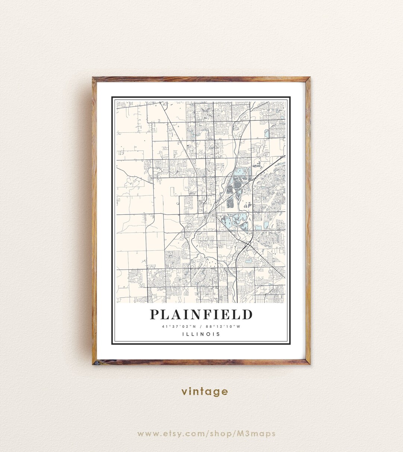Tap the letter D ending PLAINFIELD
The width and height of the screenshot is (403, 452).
click(247, 314)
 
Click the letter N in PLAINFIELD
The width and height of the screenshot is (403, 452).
click(193, 314)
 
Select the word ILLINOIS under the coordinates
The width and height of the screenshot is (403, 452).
click(201, 334)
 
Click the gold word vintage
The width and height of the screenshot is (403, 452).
click(204, 392)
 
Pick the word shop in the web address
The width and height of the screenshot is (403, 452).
click(222, 434)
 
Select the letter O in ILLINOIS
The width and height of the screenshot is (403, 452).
click(207, 334)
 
